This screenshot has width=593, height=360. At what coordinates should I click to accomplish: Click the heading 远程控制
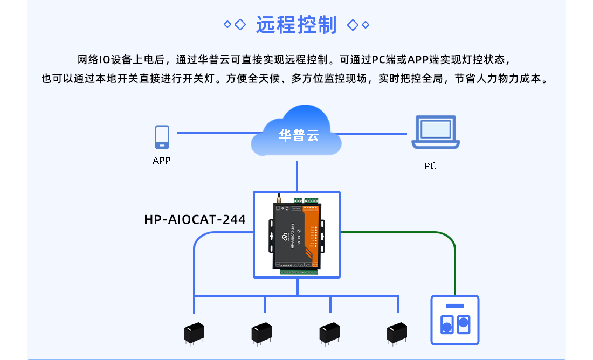(x=296, y=25)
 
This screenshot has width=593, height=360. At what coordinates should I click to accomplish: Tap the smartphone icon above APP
(x=162, y=137)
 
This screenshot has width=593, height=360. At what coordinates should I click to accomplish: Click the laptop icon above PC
(x=436, y=133)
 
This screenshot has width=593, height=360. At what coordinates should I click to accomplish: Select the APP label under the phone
(x=162, y=161)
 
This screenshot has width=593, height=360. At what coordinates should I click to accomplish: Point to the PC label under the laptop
(x=430, y=166)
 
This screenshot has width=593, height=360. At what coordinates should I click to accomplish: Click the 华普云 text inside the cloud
(x=299, y=136)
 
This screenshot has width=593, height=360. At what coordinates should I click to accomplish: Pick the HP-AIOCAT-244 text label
(x=195, y=219)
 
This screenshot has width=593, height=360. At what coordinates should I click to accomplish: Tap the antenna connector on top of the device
(x=279, y=200)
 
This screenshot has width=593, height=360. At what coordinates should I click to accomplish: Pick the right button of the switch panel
(x=463, y=323)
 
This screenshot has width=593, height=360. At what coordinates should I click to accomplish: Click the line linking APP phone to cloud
(x=216, y=133)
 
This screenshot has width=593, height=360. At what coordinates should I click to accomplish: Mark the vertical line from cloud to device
(x=297, y=175)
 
